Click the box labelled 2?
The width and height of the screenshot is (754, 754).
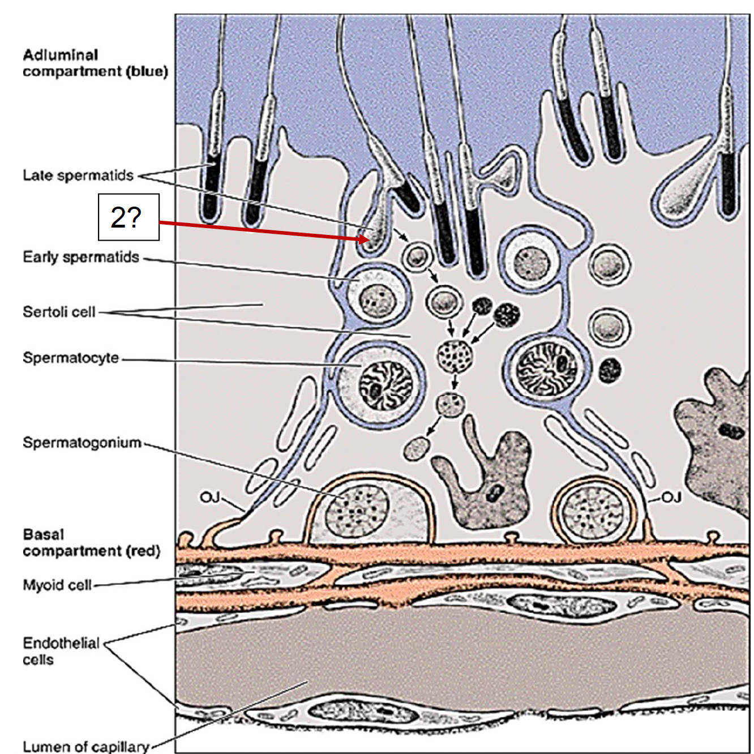(x=128, y=217)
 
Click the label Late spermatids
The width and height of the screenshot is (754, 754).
(x=78, y=175)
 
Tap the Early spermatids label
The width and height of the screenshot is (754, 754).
(x=81, y=258)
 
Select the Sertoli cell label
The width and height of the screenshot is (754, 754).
(x=59, y=312)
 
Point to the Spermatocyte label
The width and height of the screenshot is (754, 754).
(x=71, y=358)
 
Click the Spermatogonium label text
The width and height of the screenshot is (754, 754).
(x=82, y=443)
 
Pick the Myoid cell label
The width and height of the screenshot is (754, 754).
(x=57, y=585)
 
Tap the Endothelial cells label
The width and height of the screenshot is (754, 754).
(x=61, y=651)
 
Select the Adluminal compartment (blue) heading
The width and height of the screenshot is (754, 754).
(x=95, y=63)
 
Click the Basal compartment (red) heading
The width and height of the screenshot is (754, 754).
(x=91, y=542)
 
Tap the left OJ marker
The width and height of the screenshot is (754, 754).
(x=209, y=497)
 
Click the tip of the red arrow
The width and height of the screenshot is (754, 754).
(x=369, y=240)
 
